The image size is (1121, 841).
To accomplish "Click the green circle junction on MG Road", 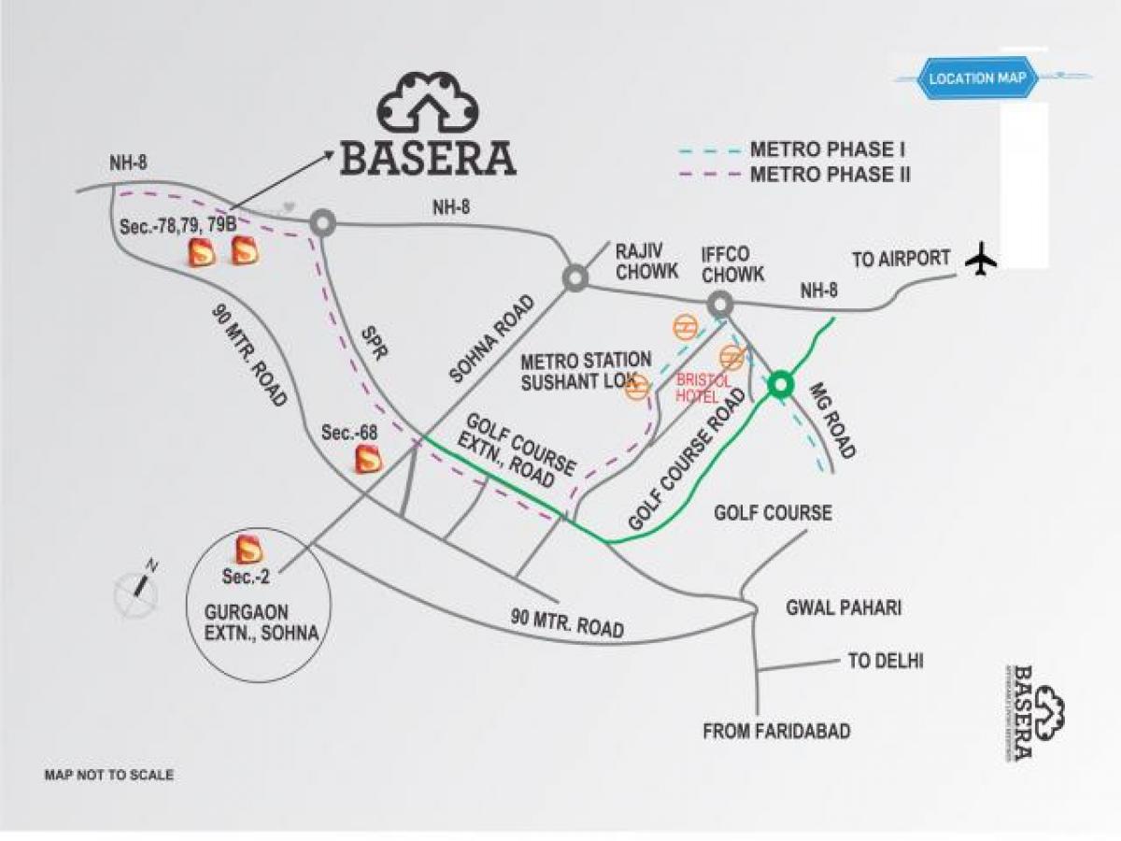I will (x=780, y=383).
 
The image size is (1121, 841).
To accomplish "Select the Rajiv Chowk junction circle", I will (x=574, y=278).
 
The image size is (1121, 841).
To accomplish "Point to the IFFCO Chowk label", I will (x=733, y=264).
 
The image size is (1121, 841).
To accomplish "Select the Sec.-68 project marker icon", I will (x=368, y=458).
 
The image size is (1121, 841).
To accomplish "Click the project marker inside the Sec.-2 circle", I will (x=248, y=549).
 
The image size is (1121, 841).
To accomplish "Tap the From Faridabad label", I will (x=776, y=731).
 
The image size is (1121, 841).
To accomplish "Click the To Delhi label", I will (x=885, y=662).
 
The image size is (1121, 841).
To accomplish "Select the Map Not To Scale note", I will (x=109, y=775).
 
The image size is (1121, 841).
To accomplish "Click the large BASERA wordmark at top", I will (x=428, y=157).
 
